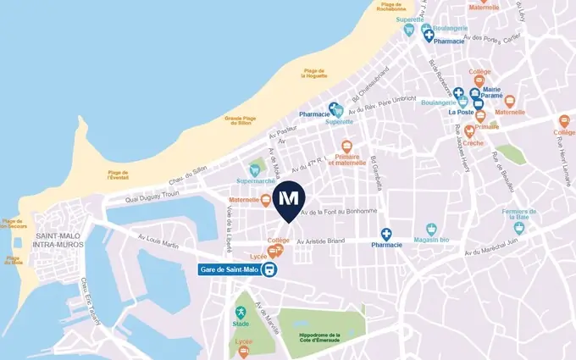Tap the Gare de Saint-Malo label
point(229,270)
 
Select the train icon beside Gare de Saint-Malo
point(269,270)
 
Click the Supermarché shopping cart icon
point(253,169)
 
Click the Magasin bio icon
point(431,229)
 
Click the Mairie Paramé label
point(492,93)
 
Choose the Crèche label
point(474,144)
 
